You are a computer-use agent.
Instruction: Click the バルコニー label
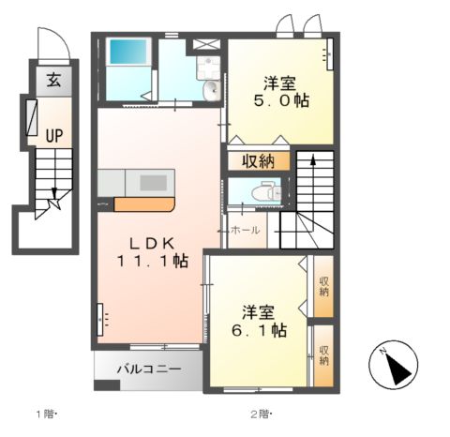click(x=148, y=369)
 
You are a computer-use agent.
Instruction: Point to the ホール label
click(x=245, y=230)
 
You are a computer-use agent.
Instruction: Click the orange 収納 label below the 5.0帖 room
click(x=257, y=160)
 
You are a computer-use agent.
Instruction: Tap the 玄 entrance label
click(x=54, y=81)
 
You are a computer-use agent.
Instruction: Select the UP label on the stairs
click(x=54, y=136)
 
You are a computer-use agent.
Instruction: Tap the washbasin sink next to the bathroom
click(x=210, y=90)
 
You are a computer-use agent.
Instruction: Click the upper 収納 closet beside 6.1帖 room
click(x=323, y=286)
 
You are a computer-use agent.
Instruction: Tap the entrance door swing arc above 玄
click(x=50, y=46)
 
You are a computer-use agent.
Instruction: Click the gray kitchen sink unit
click(x=137, y=181)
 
